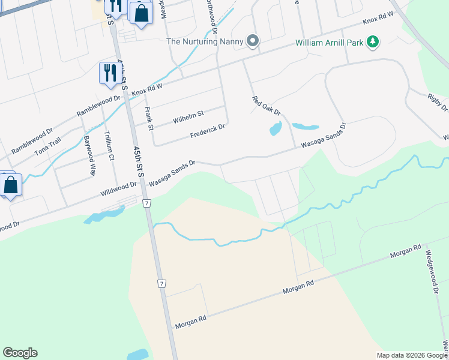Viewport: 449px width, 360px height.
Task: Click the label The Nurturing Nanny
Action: pyautogui.click(x=205, y=41)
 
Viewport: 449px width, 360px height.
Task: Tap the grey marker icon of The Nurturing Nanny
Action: pyautogui.click(x=253, y=41)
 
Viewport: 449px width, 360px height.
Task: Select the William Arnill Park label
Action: pyautogui.click(x=330, y=43)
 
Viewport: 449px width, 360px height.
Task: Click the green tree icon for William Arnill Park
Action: pyautogui.click(x=373, y=41)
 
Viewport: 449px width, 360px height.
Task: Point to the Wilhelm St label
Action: pyautogui.click(x=188, y=113)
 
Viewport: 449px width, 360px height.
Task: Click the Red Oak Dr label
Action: pyautogui.click(x=267, y=107)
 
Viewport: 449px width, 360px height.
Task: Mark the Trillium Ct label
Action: pyautogui.click(x=109, y=145)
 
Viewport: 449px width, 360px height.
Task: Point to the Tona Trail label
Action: pyautogui.click(x=47, y=146)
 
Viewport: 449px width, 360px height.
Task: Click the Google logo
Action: pyautogui.click(x=20, y=353)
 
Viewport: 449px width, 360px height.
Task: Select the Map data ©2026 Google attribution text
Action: pyautogui.click(x=412, y=355)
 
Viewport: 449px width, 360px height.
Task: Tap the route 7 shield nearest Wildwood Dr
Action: pyautogui.click(x=146, y=204)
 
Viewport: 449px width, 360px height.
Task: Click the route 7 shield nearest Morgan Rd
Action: pyautogui.click(x=161, y=283)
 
